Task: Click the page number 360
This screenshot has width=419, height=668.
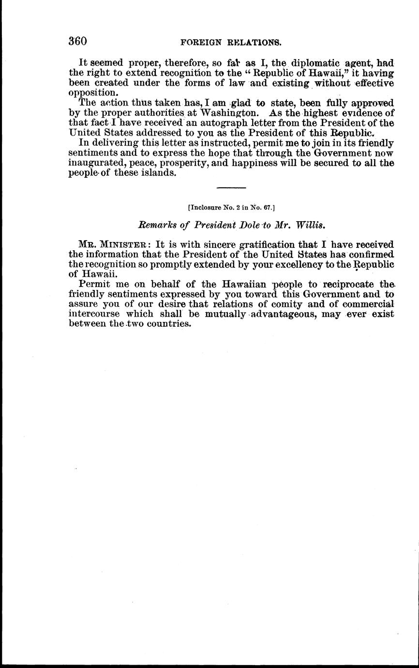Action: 77,41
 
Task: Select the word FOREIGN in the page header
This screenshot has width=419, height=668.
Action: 198,43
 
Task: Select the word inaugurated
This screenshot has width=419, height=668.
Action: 95,164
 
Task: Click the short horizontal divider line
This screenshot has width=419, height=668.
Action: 231,188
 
